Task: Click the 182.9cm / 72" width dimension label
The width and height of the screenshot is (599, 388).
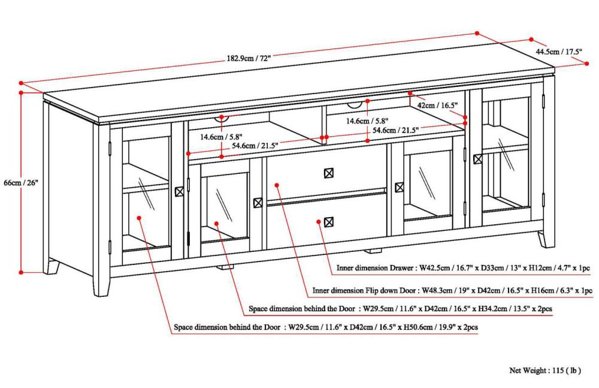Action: (x=249, y=58)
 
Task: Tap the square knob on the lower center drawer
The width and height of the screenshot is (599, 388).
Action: (x=328, y=222)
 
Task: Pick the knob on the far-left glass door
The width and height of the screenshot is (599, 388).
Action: (x=179, y=192)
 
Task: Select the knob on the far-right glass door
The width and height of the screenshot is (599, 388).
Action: (x=477, y=159)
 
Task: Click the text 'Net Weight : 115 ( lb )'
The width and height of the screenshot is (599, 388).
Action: (x=545, y=370)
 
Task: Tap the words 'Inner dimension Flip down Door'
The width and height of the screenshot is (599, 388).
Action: (x=364, y=290)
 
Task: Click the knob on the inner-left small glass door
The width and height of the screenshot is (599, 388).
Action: (x=258, y=203)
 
